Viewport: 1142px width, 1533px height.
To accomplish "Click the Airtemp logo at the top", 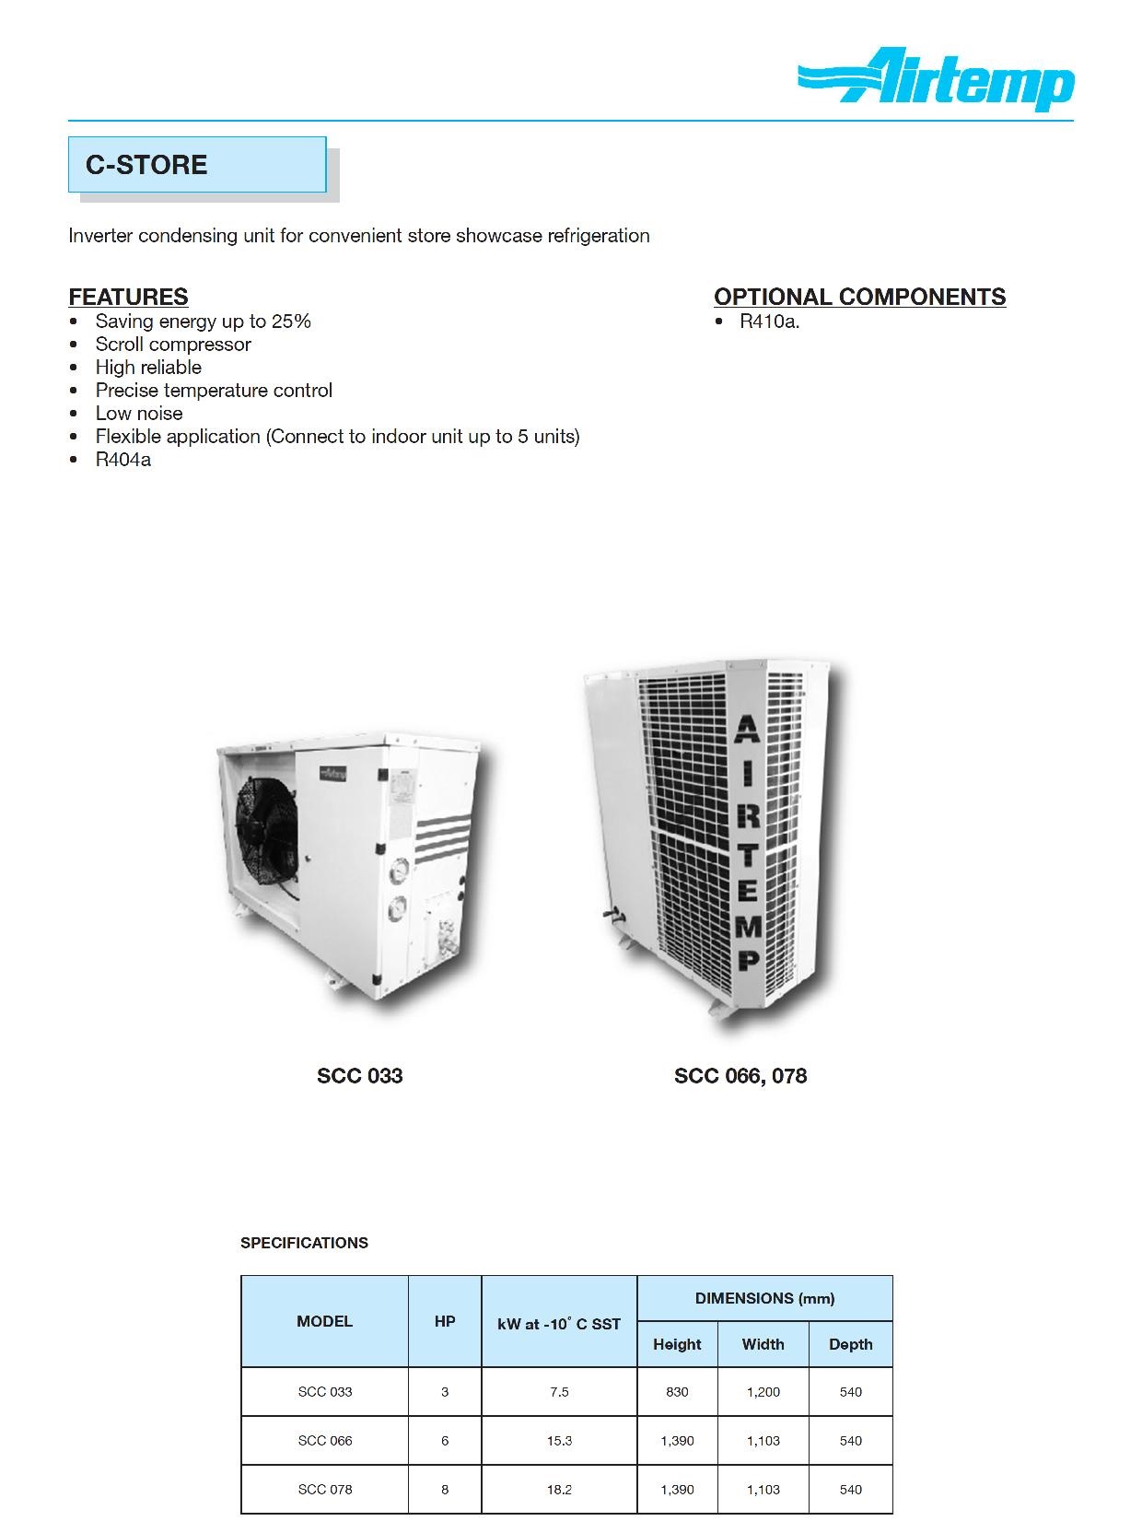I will coord(936,80).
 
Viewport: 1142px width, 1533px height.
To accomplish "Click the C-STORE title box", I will coord(197,165).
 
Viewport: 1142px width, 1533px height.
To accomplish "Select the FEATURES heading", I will coord(128,297).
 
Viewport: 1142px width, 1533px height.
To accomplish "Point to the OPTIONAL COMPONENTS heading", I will coord(859,297).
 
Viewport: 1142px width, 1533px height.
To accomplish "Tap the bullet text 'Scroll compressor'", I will coord(173,345).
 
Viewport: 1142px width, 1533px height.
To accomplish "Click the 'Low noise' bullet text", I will coord(139,414).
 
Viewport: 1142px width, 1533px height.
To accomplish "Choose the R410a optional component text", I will coord(769,322).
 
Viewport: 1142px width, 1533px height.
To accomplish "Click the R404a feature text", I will coord(123,460).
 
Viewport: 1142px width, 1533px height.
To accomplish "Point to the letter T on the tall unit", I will coord(748,854).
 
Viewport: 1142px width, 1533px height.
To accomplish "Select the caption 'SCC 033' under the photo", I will coord(359,1076).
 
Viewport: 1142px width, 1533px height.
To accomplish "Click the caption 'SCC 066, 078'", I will coord(740,1076).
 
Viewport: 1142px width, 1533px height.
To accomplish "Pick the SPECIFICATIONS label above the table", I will coord(304,1243).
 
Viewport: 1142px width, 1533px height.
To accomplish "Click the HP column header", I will coord(445,1321).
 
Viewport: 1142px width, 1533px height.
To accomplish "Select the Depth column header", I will coord(850,1344).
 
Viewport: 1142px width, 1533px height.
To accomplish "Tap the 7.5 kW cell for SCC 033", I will coord(559,1392).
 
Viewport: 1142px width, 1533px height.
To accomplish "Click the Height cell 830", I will coord(677,1392).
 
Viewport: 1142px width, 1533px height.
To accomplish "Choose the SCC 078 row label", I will coord(325,1489).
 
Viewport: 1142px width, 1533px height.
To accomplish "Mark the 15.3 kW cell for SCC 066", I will coord(559,1441).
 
